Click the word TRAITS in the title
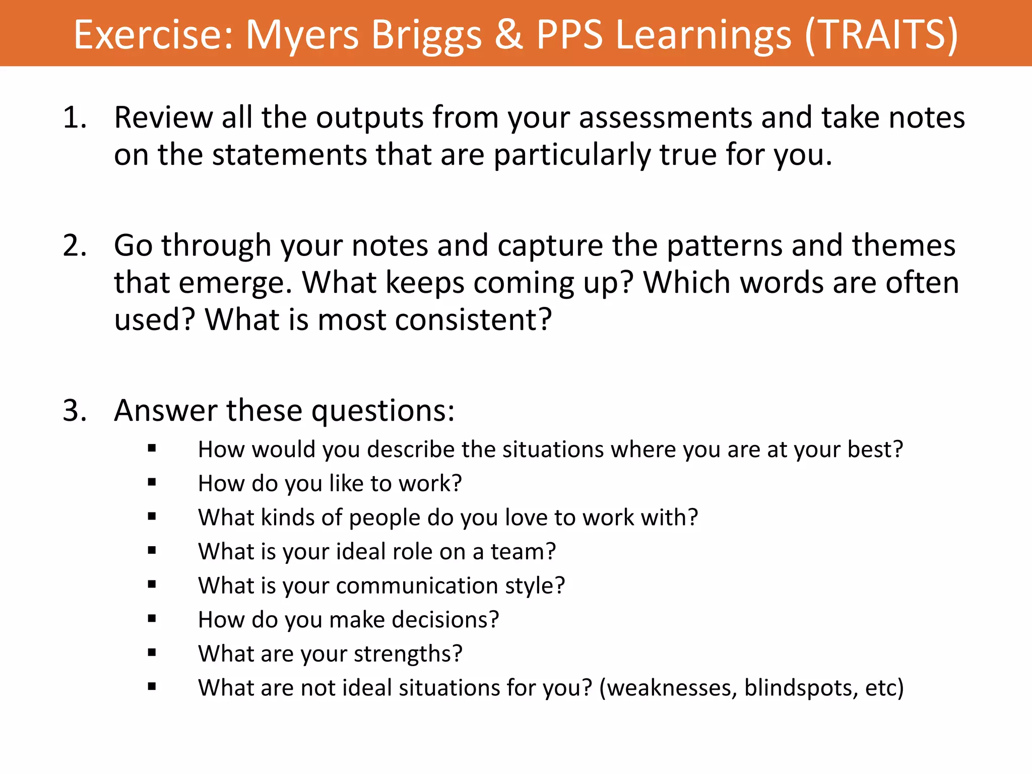point(880,34)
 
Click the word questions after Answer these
point(383,411)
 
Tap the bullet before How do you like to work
point(152,482)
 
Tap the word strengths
point(408,654)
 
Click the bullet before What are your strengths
point(152,653)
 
